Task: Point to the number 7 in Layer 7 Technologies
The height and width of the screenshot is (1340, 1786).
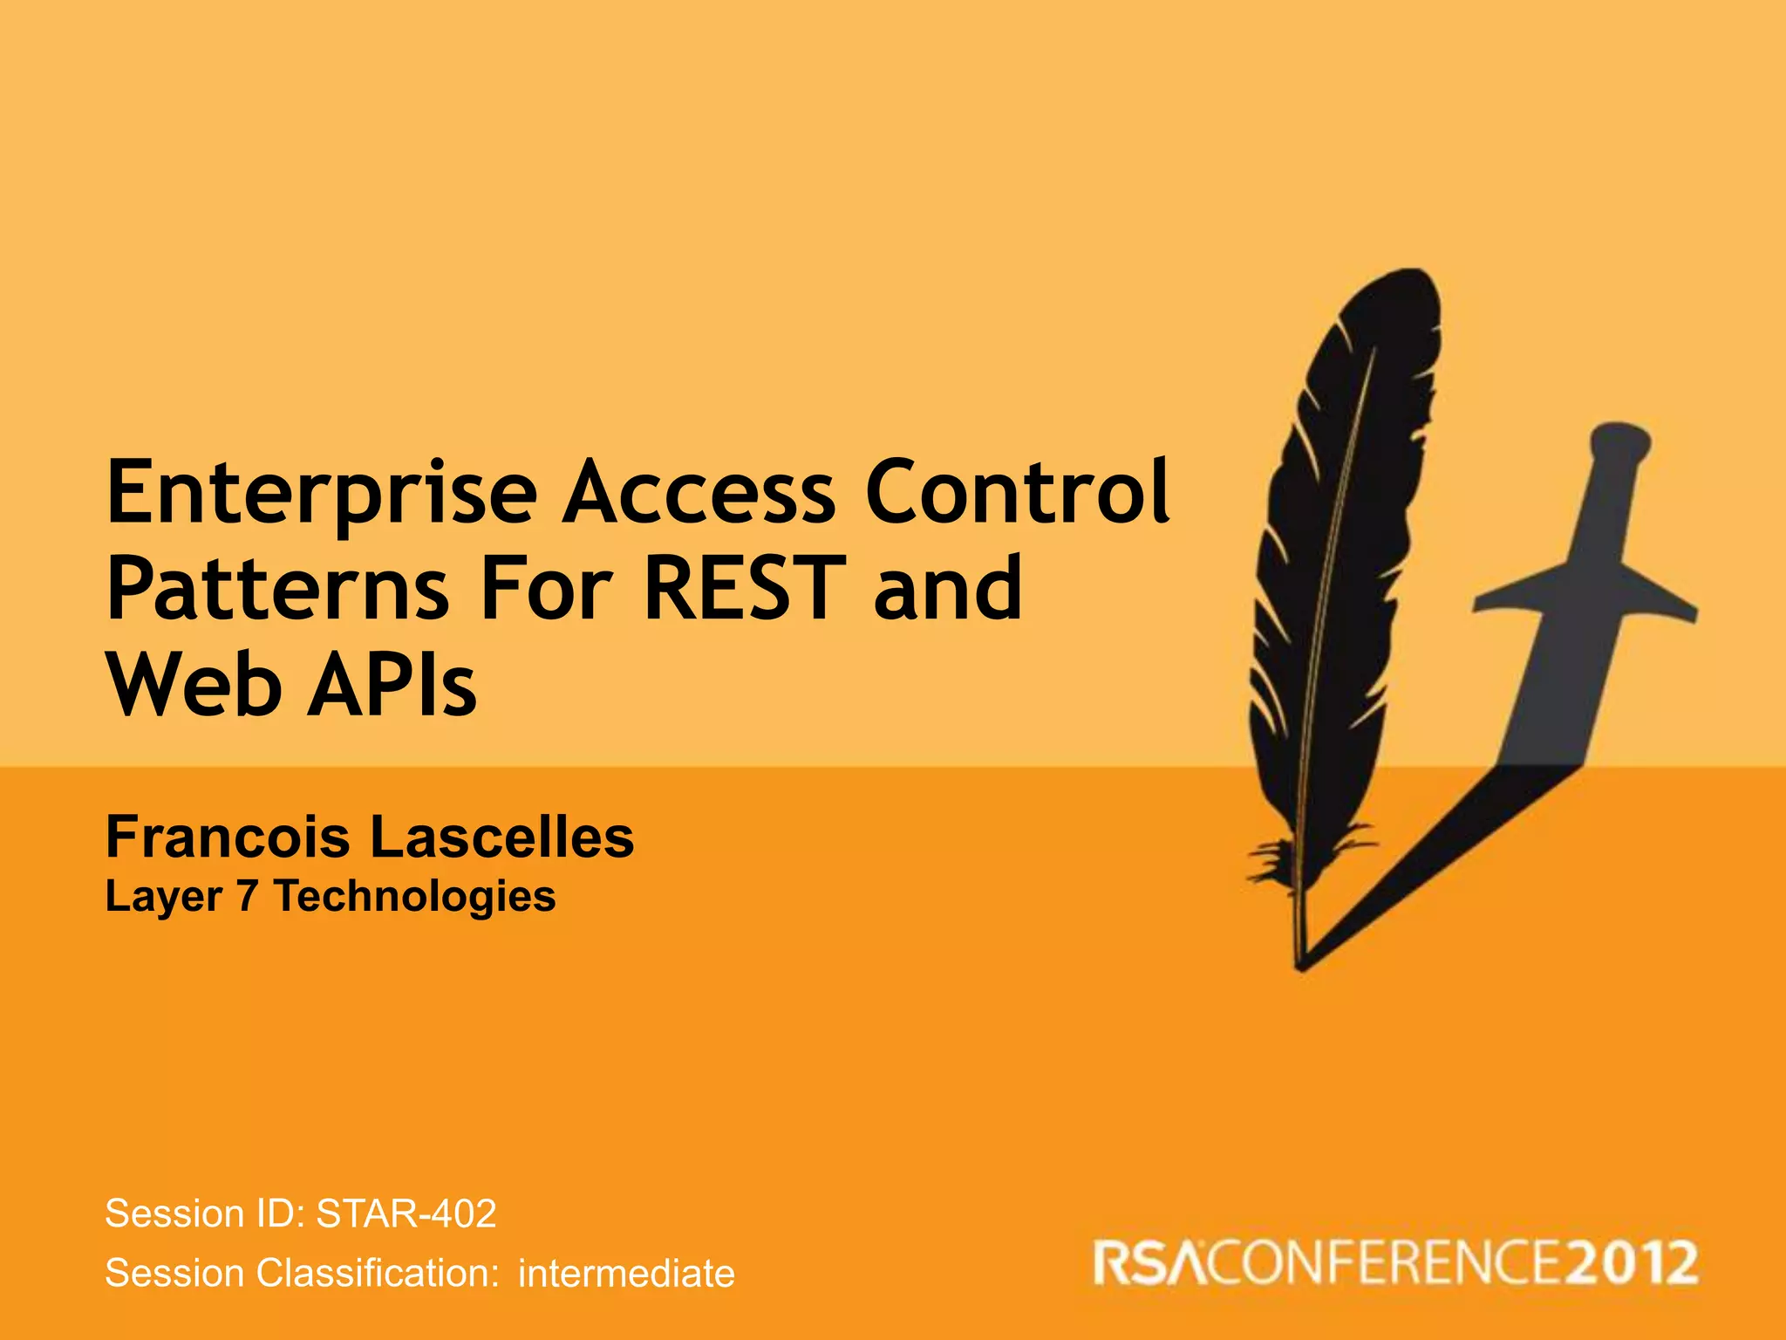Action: pos(247,896)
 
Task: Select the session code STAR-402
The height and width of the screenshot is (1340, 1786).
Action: pos(406,1214)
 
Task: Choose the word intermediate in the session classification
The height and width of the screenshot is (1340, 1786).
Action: pos(626,1274)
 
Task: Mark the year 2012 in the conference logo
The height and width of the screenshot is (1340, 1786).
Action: pos(1631,1264)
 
